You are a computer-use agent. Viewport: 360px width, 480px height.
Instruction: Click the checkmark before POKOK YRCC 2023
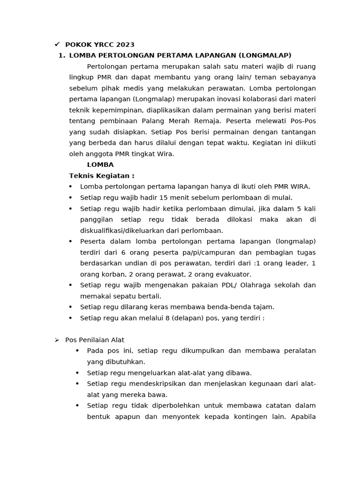coord(57,45)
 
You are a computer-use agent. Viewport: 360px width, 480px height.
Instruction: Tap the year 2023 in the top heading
coord(126,45)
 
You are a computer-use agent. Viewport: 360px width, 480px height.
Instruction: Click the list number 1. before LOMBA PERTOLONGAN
coord(61,56)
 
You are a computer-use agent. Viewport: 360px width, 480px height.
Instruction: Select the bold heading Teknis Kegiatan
coord(102,176)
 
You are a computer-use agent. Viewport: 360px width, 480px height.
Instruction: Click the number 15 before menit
coord(164,197)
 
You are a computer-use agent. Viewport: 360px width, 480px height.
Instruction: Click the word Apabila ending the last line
coord(303,416)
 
